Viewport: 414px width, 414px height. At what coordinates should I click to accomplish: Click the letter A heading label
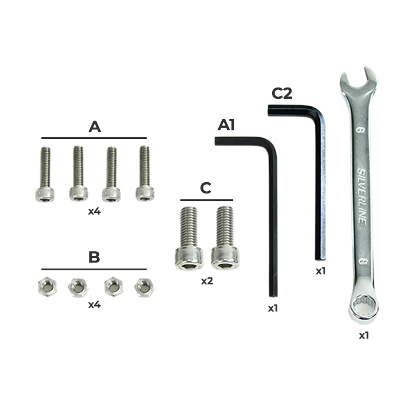point(95,127)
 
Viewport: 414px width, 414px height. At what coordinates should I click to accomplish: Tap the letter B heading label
point(94,257)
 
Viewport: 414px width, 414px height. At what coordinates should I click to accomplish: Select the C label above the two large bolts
point(206,188)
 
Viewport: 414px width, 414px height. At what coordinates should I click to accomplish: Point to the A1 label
point(227,125)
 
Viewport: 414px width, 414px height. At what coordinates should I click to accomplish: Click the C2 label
point(282,93)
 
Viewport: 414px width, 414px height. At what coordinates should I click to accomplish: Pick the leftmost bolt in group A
point(45,174)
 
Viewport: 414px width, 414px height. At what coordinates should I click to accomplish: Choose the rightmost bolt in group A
point(145,173)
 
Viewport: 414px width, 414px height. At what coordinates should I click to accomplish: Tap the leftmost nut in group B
point(47,286)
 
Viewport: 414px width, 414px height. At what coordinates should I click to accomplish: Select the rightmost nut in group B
point(144,287)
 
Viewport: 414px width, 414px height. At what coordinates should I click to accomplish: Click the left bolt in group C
point(189,238)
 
